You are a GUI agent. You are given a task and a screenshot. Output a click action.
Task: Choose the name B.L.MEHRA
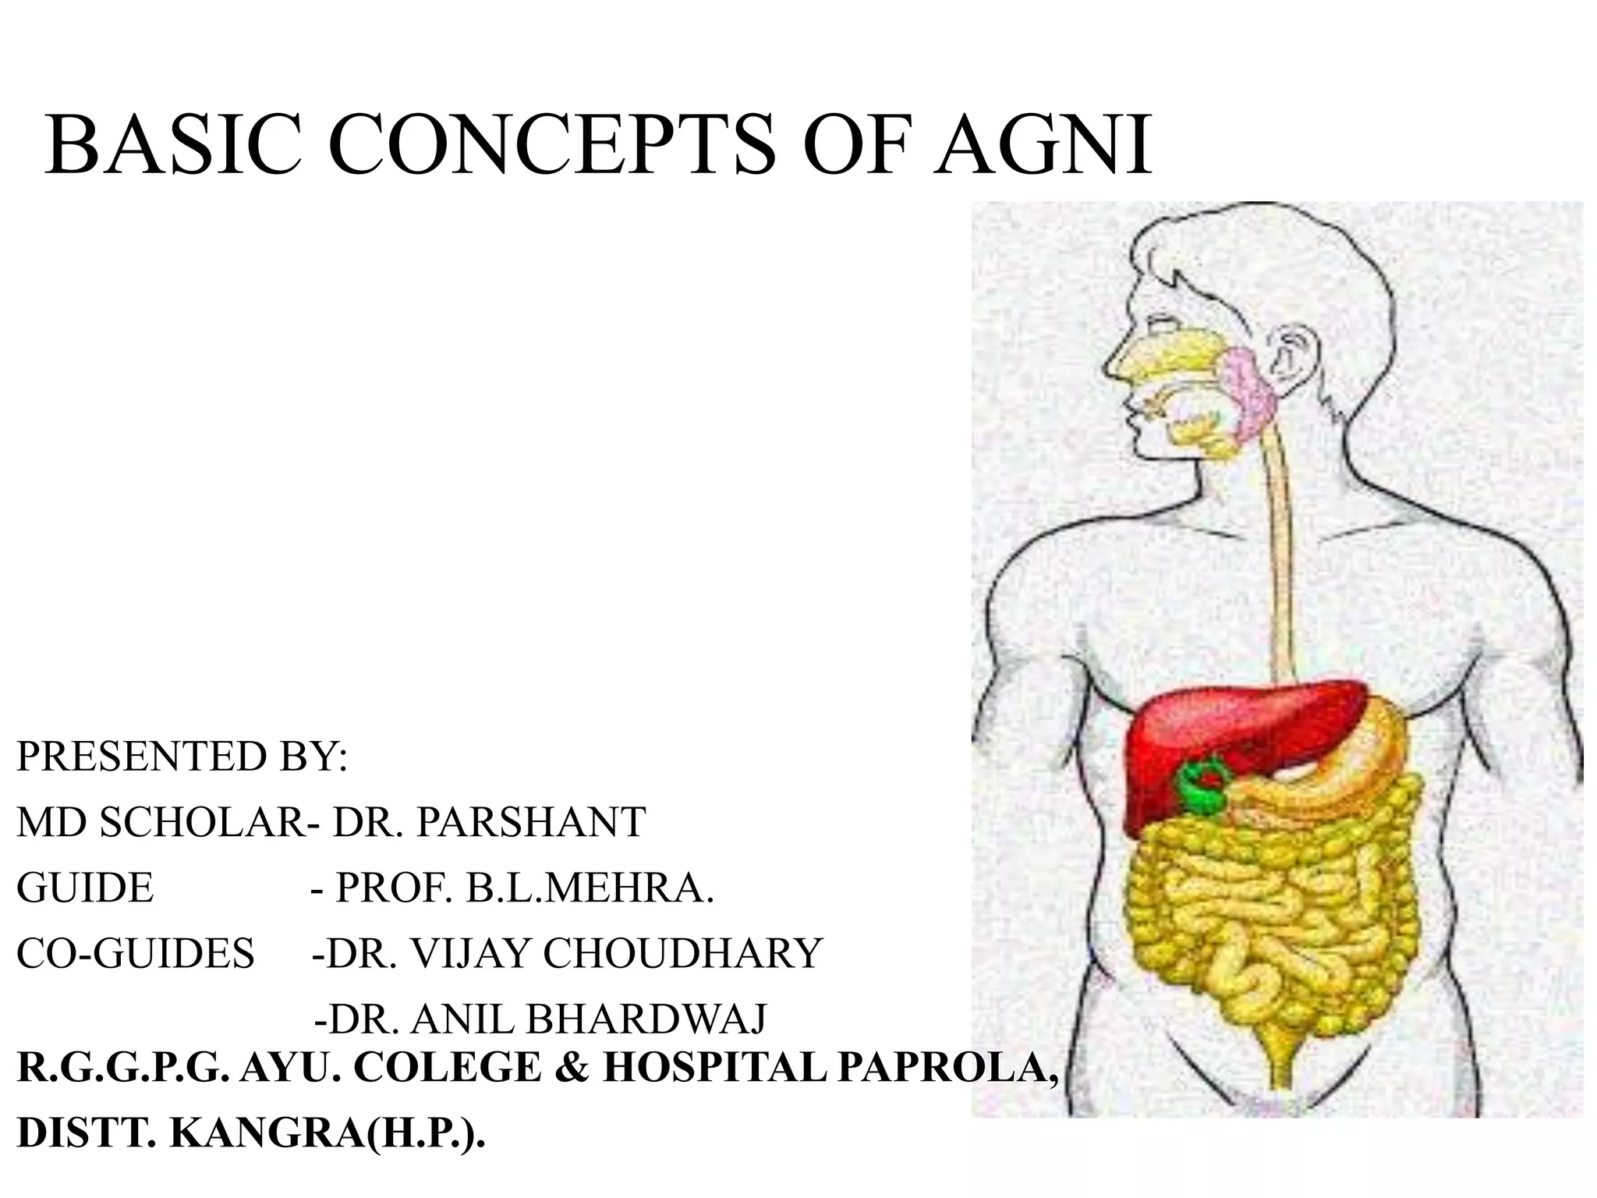[x=590, y=888]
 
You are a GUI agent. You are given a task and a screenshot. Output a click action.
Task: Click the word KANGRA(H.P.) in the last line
[x=327, y=1134]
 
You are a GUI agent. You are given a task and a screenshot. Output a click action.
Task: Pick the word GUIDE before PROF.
[x=85, y=888]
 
